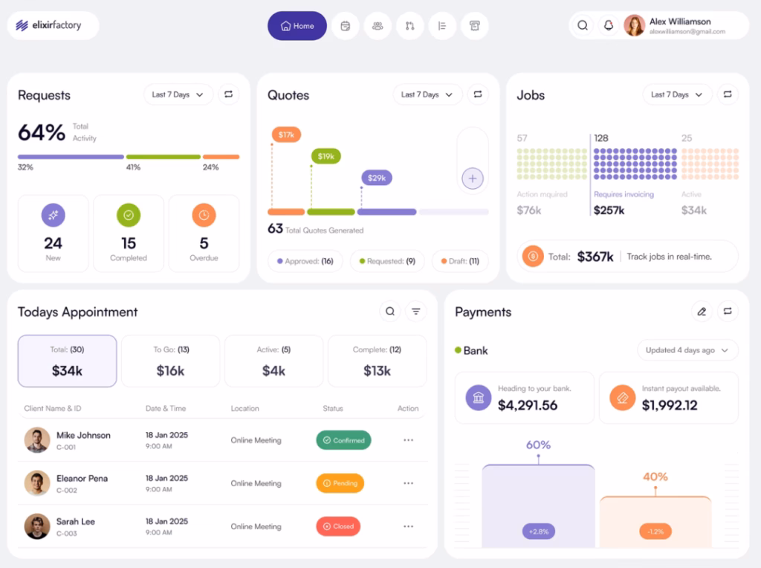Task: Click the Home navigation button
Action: (297, 26)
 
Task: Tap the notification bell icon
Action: (608, 25)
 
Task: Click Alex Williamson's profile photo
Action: (634, 25)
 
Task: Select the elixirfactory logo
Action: (49, 25)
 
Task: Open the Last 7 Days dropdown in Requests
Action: (178, 94)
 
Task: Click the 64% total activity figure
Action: (42, 132)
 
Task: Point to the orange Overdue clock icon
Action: (204, 216)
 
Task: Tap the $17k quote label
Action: (286, 135)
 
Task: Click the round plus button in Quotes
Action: (473, 178)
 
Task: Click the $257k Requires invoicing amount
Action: (609, 210)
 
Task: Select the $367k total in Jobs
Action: (595, 256)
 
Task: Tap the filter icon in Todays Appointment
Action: (415, 312)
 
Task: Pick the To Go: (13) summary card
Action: (170, 361)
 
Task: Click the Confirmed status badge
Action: (343, 440)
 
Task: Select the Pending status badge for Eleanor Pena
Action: (340, 483)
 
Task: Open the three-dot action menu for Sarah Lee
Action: (408, 526)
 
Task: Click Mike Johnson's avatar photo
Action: (37, 440)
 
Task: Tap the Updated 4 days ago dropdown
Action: (687, 350)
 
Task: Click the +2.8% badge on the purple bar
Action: (538, 532)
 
